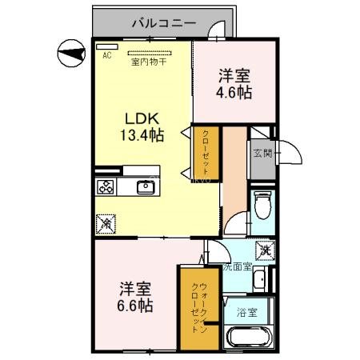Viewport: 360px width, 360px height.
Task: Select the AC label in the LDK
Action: point(106,56)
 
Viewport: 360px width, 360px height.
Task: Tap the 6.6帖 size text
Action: point(137,305)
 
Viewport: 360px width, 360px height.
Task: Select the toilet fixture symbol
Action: point(260,207)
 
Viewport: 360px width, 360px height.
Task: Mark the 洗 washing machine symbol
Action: point(265,250)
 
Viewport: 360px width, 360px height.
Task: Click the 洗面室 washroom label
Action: point(238,267)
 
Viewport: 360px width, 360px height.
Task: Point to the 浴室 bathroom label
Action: point(247,313)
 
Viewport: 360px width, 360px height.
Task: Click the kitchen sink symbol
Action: point(146,188)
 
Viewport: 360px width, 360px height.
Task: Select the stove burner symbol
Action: point(106,187)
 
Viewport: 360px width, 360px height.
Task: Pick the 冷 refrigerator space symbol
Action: point(106,225)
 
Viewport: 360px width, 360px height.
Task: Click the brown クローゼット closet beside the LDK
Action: point(206,154)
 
